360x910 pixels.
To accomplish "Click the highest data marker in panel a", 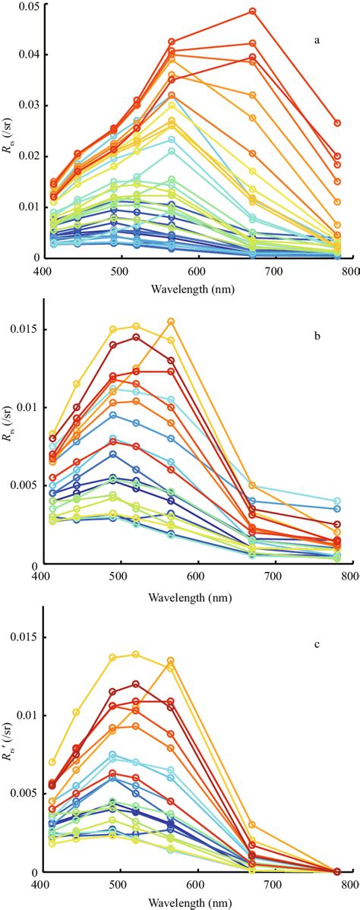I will [252, 11].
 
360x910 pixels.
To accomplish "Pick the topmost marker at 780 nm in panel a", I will [337, 123].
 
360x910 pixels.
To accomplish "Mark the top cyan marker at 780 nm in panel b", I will [337, 501].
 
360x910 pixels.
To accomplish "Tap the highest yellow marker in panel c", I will [136, 654].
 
